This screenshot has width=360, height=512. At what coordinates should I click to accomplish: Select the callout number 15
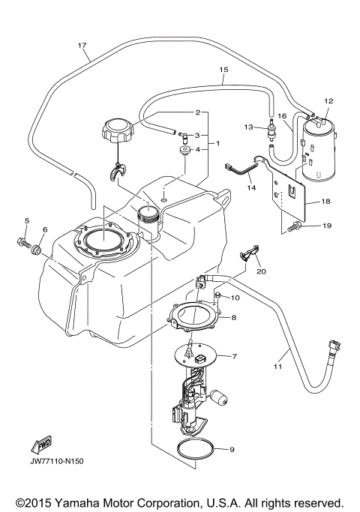(223, 70)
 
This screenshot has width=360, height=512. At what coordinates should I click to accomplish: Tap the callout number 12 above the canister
(328, 101)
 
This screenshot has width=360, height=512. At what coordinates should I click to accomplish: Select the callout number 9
(231, 450)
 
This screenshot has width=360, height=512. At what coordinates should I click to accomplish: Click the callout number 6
(44, 229)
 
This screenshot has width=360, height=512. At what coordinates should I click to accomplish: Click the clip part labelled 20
(251, 256)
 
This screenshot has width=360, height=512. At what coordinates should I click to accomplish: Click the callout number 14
(252, 189)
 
